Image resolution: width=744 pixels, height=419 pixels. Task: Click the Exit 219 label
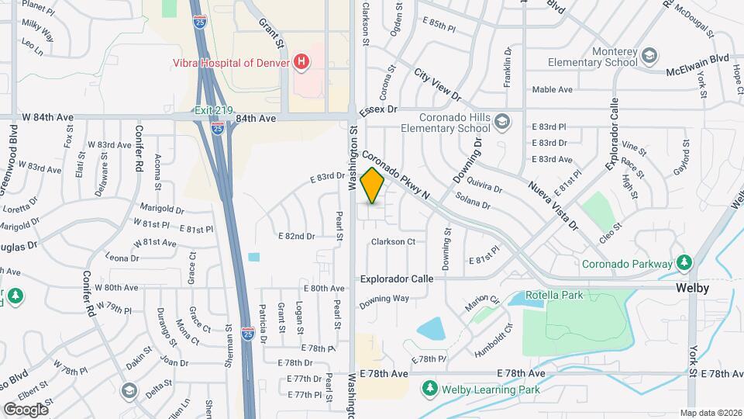click(213, 111)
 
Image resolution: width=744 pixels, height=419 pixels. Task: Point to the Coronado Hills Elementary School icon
click(504, 121)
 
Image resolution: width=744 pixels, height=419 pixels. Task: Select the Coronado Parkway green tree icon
click(684, 263)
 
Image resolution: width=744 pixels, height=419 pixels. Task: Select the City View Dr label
click(437, 85)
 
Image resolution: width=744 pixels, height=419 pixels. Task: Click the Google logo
click(26, 409)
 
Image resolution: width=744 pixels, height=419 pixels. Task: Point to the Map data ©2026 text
click(710, 413)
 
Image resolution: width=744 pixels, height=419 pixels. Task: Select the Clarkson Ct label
click(393, 242)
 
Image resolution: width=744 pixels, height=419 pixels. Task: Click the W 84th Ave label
click(48, 117)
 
